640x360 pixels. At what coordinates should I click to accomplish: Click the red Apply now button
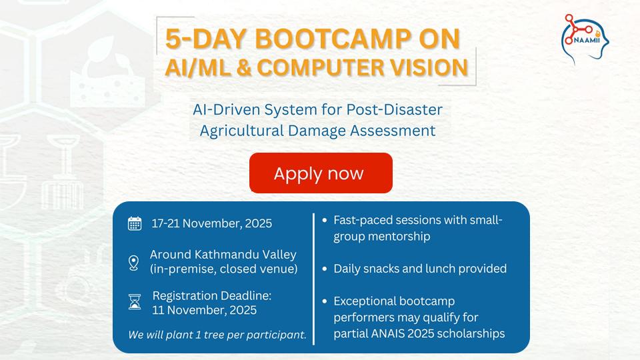tap(321, 173)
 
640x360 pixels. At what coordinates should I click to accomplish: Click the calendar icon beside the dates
tap(135, 223)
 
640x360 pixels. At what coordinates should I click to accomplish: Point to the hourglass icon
tap(135, 302)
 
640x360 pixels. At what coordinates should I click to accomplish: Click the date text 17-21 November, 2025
tap(212, 223)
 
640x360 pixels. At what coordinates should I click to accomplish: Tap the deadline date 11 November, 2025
tap(204, 309)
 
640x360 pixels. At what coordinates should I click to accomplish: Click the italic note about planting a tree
tap(217, 335)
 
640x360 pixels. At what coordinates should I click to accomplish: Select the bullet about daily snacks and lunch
tap(420, 269)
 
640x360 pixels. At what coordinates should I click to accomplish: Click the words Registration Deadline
tap(212, 295)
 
